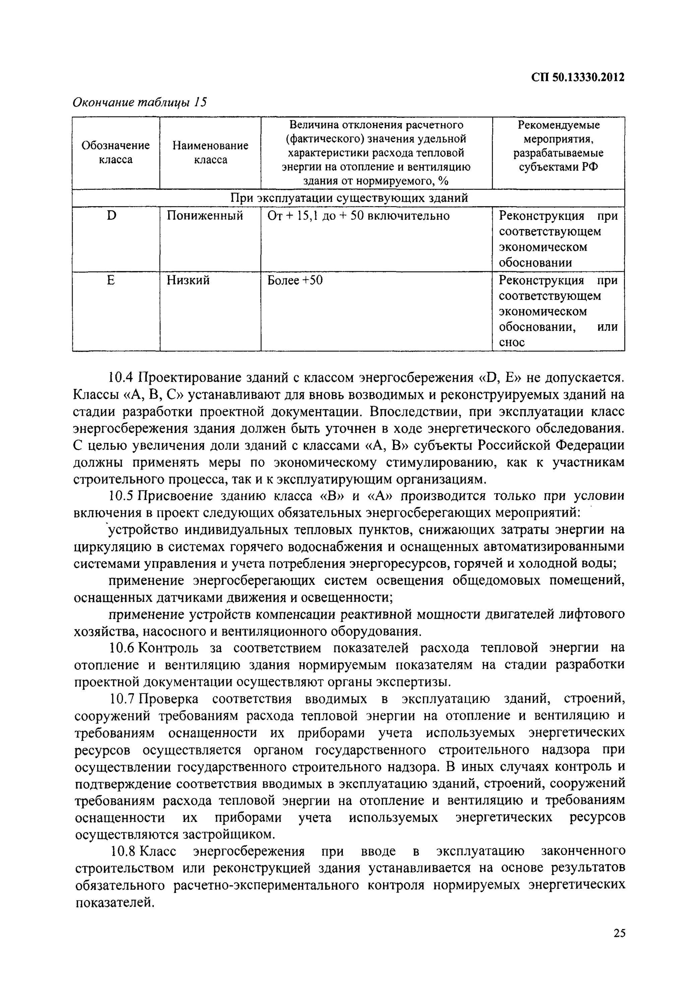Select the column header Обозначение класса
tap(116, 153)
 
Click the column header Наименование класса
tap(210, 153)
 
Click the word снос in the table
tap(512, 343)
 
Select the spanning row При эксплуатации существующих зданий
tap(349, 198)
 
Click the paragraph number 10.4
tap(121, 378)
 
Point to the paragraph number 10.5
tap(121, 496)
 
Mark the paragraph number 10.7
tap(121, 699)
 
